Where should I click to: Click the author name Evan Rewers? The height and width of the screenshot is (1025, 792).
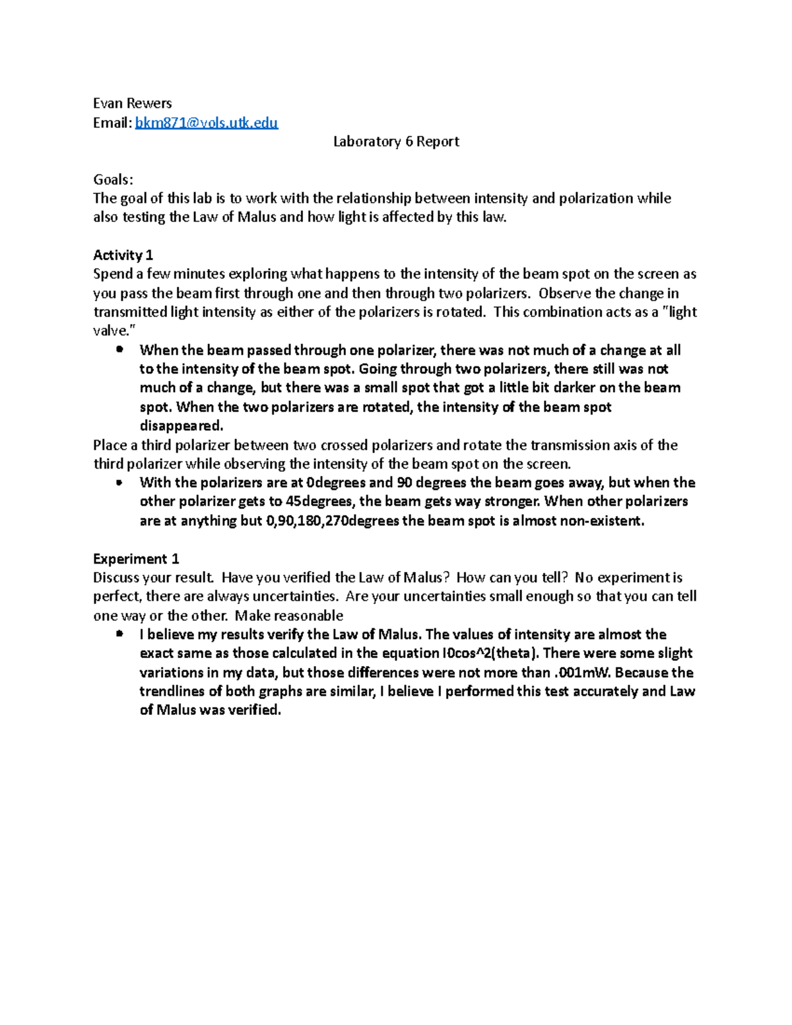pyautogui.click(x=132, y=104)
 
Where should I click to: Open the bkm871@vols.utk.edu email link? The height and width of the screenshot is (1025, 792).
pyautogui.click(x=207, y=123)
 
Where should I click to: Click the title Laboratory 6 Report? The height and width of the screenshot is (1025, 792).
pyautogui.click(x=396, y=141)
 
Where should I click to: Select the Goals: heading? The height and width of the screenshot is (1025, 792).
pyautogui.click(x=113, y=180)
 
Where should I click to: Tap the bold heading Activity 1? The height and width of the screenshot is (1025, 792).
pyautogui.click(x=123, y=255)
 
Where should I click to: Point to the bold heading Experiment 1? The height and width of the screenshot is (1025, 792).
pyautogui.click(x=136, y=559)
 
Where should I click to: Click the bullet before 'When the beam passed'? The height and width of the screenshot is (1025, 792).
pyautogui.click(x=119, y=350)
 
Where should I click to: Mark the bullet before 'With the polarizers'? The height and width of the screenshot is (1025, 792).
pyautogui.click(x=119, y=482)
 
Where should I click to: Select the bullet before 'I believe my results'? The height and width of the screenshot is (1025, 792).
pyautogui.click(x=119, y=634)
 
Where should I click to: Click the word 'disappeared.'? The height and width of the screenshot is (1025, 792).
pyautogui.click(x=181, y=426)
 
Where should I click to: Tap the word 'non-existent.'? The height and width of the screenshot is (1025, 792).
pyautogui.click(x=602, y=521)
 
